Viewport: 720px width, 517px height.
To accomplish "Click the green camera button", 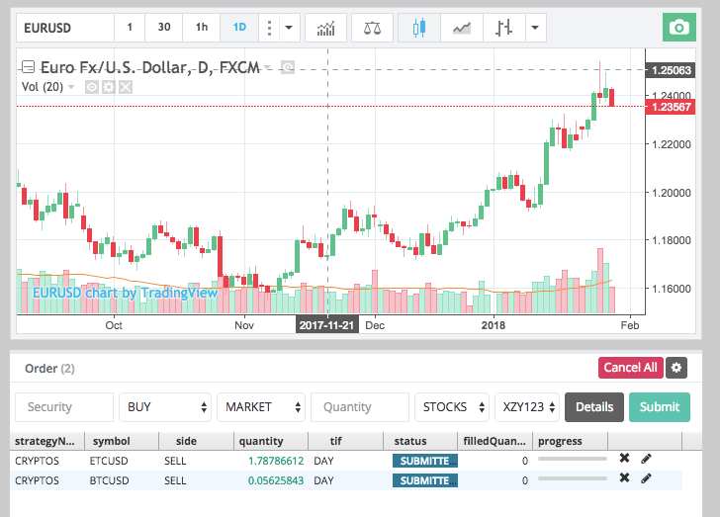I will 678,27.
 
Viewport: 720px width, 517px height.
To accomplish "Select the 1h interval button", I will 202,27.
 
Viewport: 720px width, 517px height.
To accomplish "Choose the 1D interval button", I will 238,27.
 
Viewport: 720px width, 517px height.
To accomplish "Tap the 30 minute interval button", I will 164,27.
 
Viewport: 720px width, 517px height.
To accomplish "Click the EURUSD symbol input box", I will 64,27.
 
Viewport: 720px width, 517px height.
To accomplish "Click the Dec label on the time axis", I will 375,324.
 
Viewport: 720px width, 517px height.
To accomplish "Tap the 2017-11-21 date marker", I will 326,324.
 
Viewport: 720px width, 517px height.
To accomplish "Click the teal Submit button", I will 659,406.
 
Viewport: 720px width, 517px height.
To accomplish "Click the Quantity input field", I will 359,406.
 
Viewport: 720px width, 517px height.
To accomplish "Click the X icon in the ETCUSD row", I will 624,459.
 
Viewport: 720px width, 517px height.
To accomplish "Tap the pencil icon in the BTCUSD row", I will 647,478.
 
